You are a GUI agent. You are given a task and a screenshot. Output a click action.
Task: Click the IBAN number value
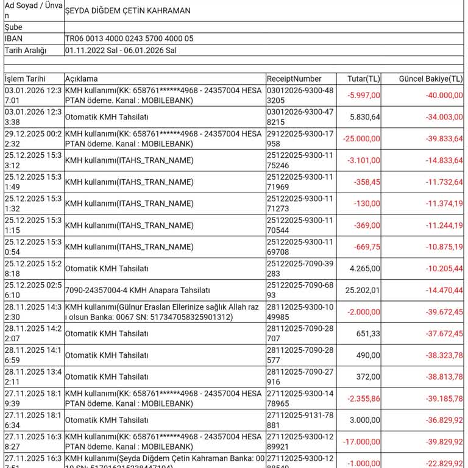(129, 38)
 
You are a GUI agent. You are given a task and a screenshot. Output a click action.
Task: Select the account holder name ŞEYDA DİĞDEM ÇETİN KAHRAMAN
(127, 10)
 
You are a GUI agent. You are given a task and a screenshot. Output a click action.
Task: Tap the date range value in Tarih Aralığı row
(121, 51)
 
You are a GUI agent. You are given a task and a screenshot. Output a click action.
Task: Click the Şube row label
(13, 27)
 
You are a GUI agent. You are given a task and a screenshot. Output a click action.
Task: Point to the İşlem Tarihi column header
(25, 79)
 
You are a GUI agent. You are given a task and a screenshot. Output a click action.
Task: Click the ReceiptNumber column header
(294, 79)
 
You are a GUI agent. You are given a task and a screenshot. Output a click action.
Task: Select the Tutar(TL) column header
(363, 79)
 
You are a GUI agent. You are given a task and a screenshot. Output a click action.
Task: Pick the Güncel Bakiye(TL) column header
(430, 79)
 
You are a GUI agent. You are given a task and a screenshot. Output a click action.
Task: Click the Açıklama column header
(81, 79)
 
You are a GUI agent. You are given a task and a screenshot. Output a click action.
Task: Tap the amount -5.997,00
(364, 95)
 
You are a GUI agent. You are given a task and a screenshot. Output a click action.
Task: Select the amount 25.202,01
(363, 290)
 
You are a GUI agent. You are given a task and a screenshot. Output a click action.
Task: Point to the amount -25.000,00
(361, 138)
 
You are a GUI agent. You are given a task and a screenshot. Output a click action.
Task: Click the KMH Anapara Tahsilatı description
(137, 290)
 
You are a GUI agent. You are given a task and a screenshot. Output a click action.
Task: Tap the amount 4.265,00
(364, 269)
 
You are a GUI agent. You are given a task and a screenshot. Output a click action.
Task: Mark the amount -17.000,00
(361, 442)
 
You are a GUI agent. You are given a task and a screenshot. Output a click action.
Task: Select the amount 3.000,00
(364, 420)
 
